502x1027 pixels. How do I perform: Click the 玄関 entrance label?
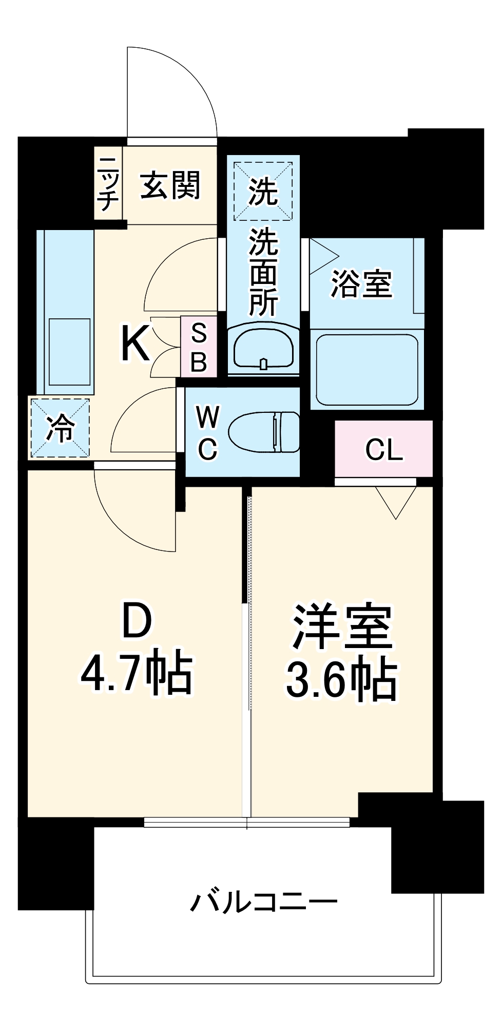[x=170, y=185]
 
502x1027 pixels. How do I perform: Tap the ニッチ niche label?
[x=107, y=183]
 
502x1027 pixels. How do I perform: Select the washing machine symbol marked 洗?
[x=263, y=191]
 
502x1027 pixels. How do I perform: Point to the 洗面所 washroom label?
[x=263, y=272]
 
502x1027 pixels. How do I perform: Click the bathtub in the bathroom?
[x=366, y=370]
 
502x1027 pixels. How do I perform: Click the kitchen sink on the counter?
[x=69, y=351]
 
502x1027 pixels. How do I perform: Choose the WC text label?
[x=208, y=432]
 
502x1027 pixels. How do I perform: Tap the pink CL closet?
[x=383, y=449]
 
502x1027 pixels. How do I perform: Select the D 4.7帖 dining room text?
[x=137, y=650]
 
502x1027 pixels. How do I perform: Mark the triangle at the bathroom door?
[x=322, y=255]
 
